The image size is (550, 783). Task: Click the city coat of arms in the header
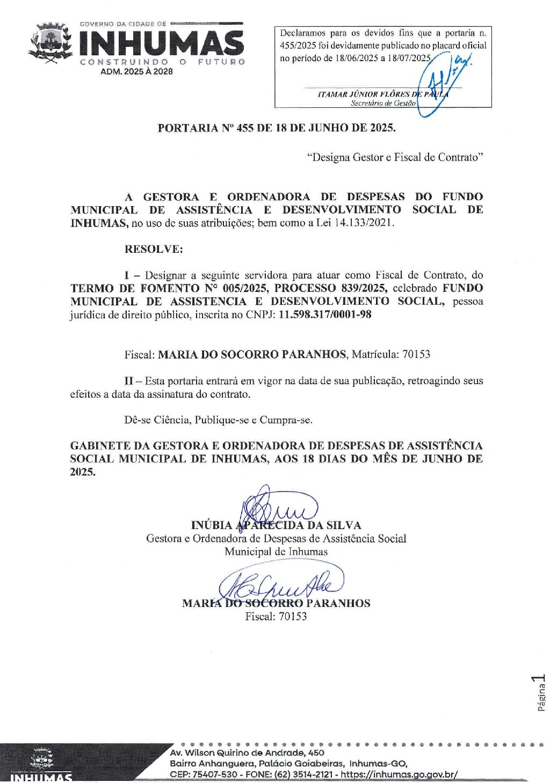click(50, 43)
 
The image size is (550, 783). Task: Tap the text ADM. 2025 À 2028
click(137, 71)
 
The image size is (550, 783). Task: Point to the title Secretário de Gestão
click(383, 103)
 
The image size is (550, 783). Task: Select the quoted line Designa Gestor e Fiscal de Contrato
click(395, 157)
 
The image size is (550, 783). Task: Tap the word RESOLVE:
click(154, 249)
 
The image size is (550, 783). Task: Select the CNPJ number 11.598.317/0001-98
click(325, 314)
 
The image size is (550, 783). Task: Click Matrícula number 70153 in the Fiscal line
click(416, 354)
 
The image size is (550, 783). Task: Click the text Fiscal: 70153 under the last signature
click(276, 616)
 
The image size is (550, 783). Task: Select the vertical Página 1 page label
click(541, 693)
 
